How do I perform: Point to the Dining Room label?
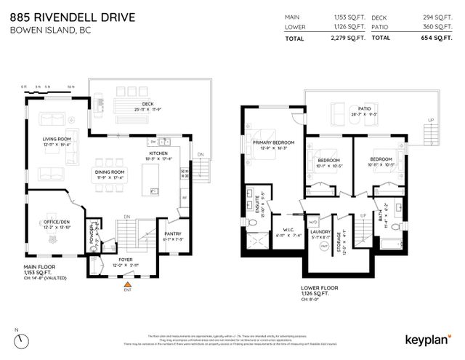point(109,171)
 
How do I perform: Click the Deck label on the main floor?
point(147,104)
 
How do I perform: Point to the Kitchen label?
point(160,154)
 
